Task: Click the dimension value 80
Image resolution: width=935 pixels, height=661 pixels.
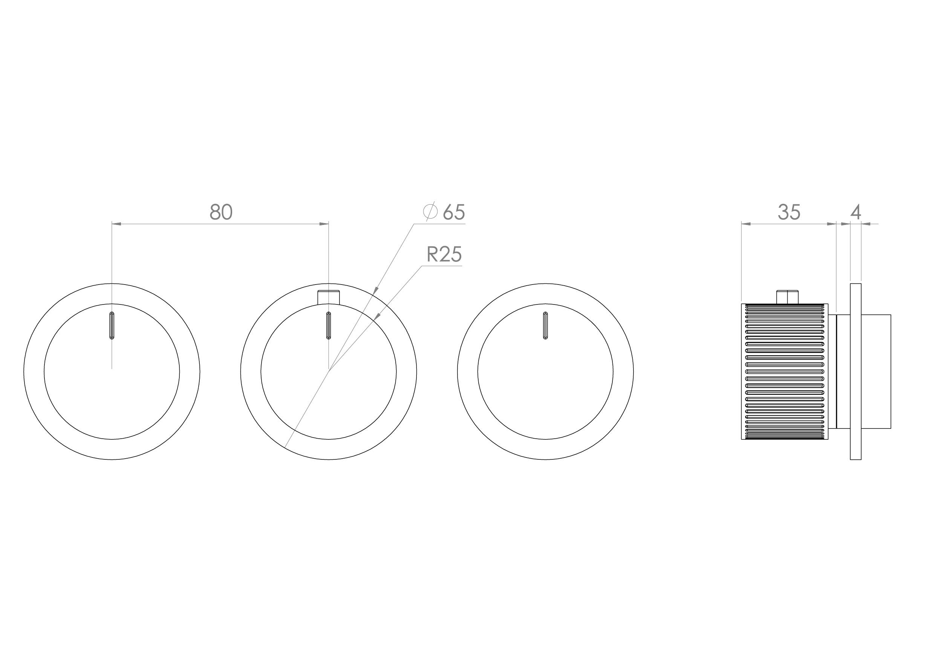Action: point(221,212)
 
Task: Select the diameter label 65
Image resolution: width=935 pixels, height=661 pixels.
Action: point(454,212)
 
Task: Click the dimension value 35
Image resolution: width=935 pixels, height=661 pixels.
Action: point(789,212)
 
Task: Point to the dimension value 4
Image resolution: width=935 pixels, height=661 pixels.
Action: point(856,212)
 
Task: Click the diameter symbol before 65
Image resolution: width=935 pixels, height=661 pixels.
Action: point(430,212)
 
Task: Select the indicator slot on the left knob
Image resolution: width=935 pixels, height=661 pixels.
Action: point(112,325)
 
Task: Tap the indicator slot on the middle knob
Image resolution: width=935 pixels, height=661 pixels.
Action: point(329,325)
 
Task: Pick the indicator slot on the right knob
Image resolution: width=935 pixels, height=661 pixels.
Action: point(545,325)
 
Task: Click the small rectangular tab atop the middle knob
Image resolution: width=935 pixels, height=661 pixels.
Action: point(328,297)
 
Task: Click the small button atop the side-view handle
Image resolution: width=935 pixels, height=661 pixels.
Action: point(788,297)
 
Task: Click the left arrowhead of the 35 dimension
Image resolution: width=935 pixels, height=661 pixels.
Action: point(746,223)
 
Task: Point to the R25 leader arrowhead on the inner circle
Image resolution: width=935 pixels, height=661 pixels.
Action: point(377,316)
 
